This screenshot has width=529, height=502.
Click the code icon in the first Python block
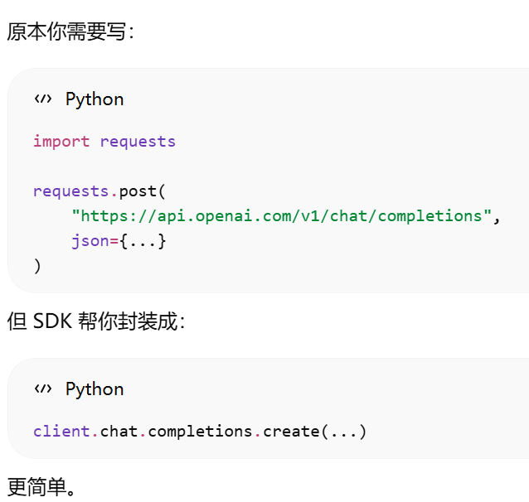pos(42,99)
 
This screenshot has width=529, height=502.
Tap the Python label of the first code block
pos(95,99)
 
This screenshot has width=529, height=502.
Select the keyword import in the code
pos(61,141)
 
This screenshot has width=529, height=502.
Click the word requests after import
pos(138,141)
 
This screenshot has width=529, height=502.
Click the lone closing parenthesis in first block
pos(37,267)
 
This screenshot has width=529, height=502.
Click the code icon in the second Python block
pos(42,389)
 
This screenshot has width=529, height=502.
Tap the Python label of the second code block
pos(95,389)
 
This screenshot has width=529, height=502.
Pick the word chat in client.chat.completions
pos(119,432)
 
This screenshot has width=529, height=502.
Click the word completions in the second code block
pos(200,432)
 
